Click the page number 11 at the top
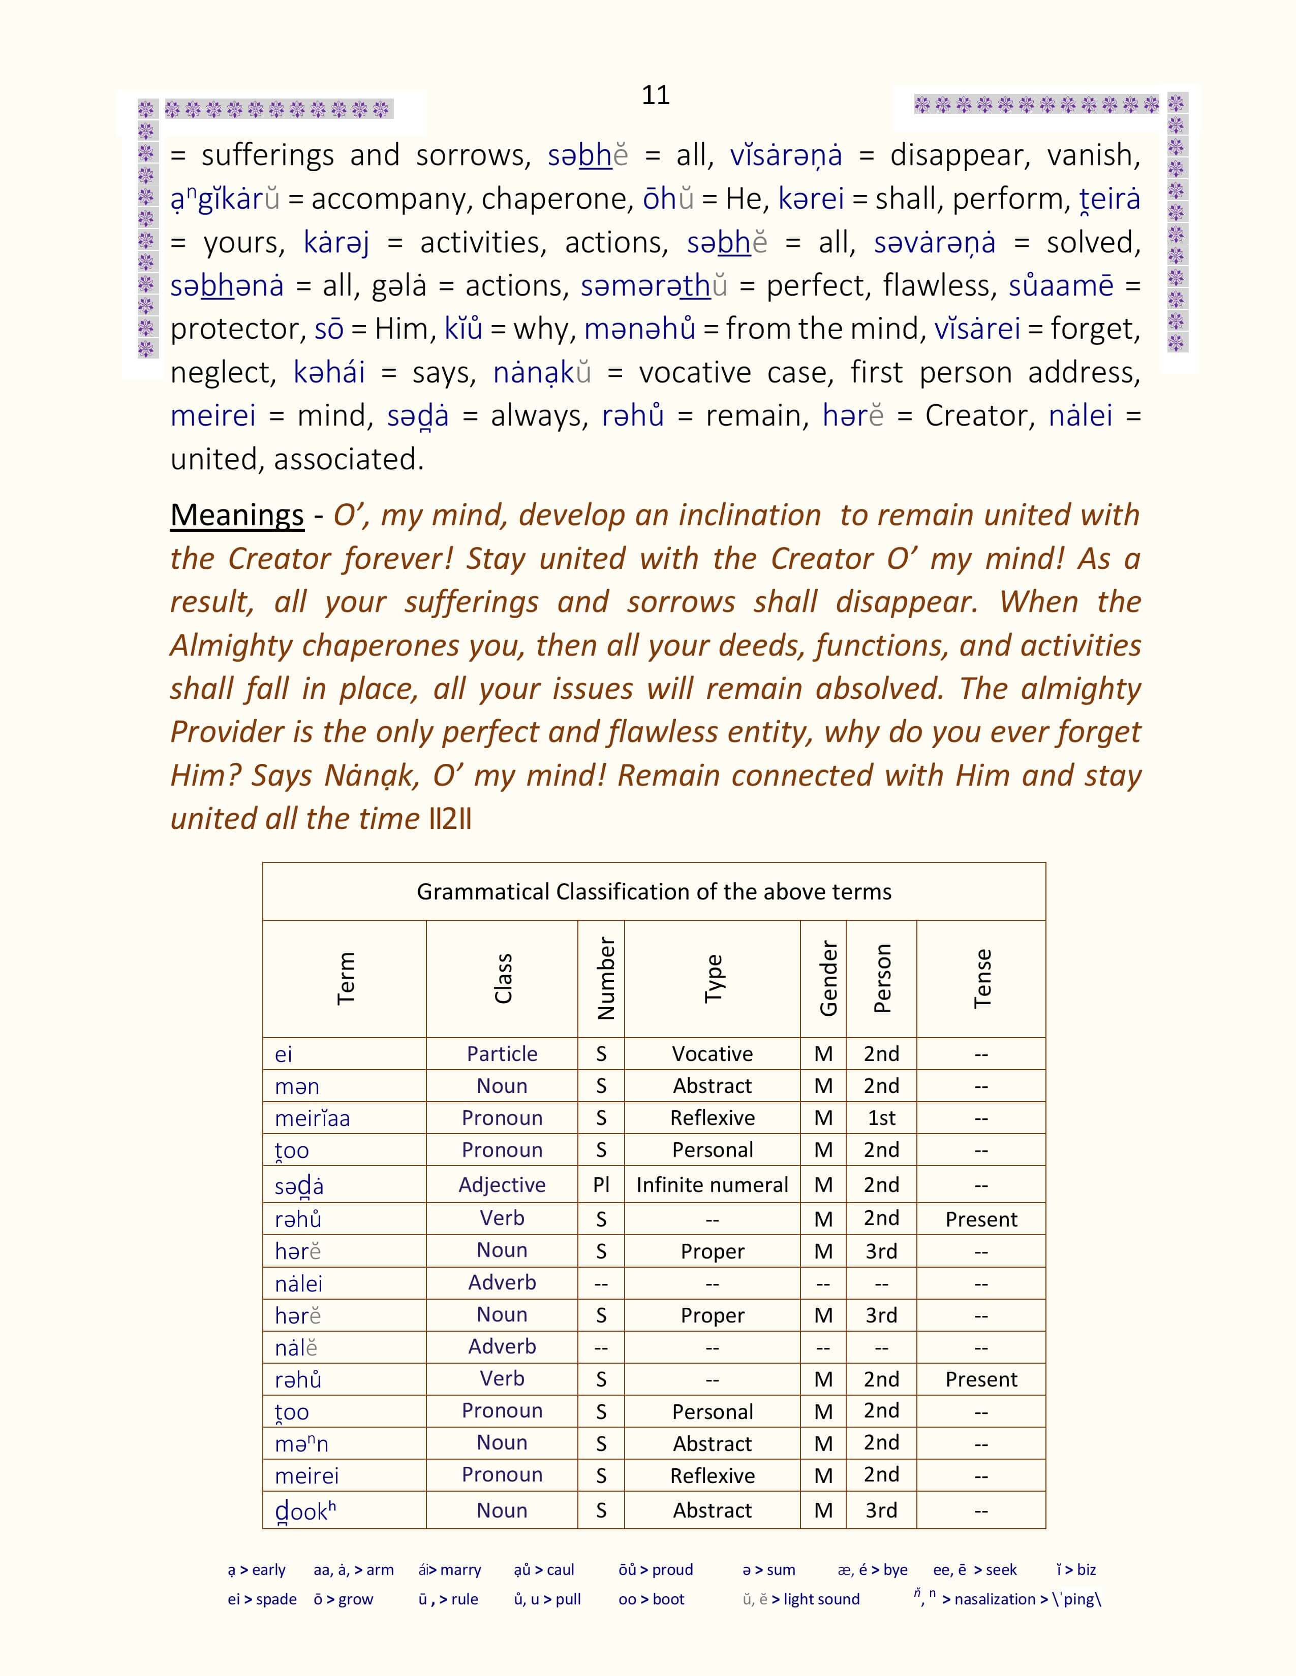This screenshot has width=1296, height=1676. [x=655, y=94]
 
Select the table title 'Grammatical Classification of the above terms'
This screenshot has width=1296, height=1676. [x=654, y=892]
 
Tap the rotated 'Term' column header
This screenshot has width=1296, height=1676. [x=346, y=979]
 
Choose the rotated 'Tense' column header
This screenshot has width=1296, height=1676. [x=982, y=979]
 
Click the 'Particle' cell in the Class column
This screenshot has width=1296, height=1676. [x=502, y=1054]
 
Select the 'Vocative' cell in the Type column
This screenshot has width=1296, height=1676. [x=713, y=1054]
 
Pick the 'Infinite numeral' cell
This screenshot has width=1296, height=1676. [x=713, y=1185]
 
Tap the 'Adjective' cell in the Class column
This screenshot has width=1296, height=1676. [x=502, y=1185]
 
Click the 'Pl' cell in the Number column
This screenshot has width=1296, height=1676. [x=601, y=1185]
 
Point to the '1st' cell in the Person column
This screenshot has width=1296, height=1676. [x=881, y=1118]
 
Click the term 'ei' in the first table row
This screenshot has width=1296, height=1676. [x=283, y=1054]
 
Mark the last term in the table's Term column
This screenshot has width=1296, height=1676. [x=305, y=1511]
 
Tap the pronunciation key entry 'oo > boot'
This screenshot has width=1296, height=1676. [x=651, y=1599]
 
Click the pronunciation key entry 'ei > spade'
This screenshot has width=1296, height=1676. [x=262, y=1599]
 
